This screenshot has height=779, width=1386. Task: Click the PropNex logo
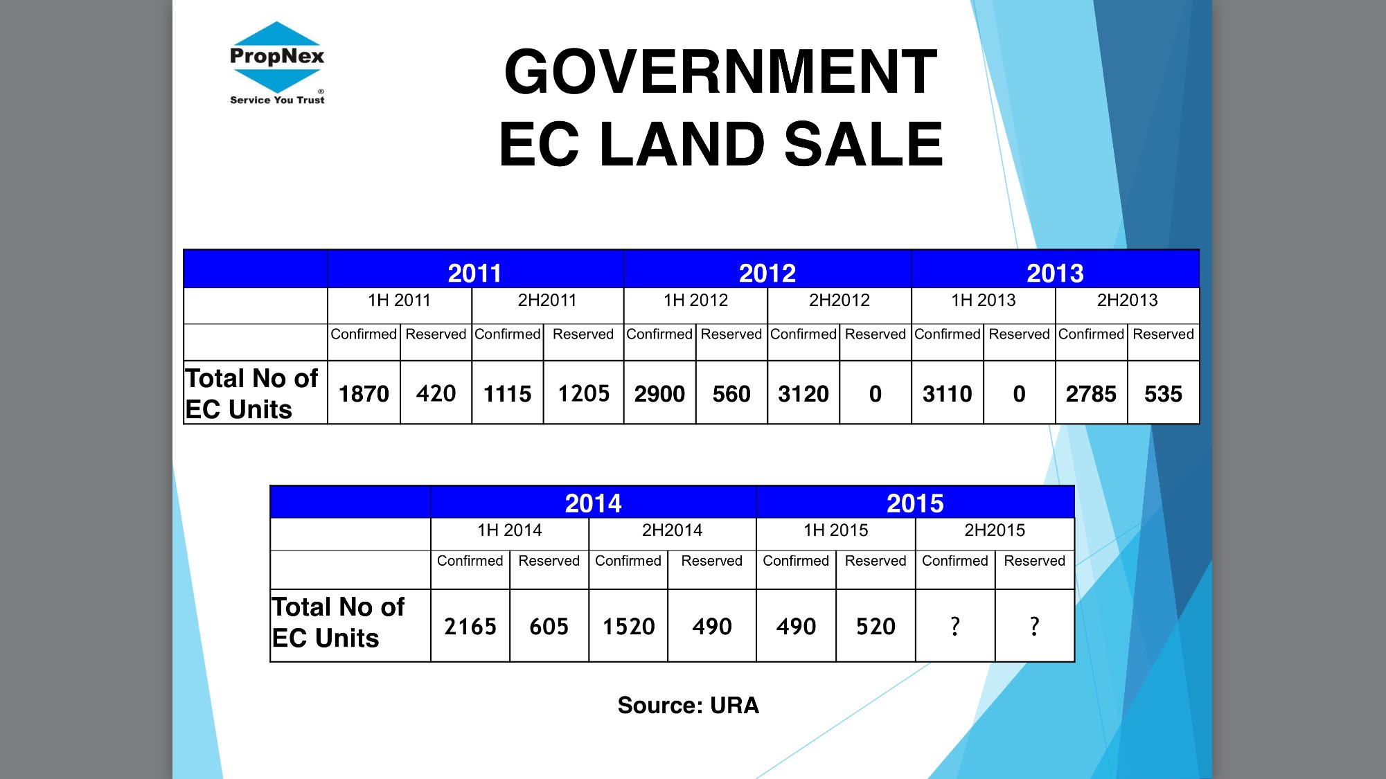tap(277, 62)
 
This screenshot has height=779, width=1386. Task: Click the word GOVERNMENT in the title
tap(720, 72)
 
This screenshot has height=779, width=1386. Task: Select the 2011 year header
tap(474, 273)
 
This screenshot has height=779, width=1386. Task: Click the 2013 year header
tap(1055, 273)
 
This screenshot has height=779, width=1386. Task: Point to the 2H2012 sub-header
tap(839, 301)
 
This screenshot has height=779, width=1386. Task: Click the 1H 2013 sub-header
tap(983, 301)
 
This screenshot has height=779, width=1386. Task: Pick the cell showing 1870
tap(364, 394)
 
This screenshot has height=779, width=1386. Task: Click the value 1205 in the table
tap(583, 394)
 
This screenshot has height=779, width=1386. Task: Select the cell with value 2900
tap(659, 394)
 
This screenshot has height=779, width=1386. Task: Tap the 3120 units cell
tap(803, 394)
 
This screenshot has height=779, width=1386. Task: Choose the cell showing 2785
tap(1091, 394)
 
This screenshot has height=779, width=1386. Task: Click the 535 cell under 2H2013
tap(1163, 394)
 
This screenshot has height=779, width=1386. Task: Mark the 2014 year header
tap(593, 503)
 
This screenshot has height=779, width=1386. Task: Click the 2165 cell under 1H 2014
tap(470, 627)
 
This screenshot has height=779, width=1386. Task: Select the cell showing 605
tap(549, 627)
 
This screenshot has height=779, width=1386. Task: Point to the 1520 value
tap(628, 627)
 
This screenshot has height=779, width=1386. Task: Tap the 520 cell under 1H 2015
tap(876, 627)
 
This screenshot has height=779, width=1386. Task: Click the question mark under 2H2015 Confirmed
tap(955, 627)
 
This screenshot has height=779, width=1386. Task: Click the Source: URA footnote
tap(688, 705)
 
